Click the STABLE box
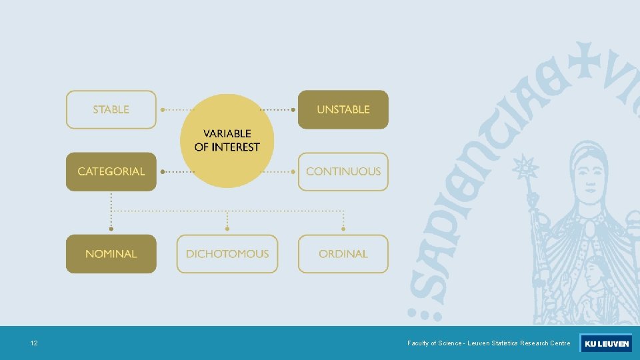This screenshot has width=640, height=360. [111, 109]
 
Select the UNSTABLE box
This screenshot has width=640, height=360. [343, 109]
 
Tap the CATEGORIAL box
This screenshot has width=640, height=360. [111, 171]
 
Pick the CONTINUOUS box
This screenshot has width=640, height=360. [343, 171]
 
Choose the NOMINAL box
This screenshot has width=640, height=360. [111, 254]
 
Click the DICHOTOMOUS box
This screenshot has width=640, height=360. [227, 254]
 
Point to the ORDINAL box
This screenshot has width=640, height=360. [343, 254]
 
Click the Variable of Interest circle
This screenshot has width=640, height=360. [227, 141]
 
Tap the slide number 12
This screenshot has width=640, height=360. [34, 343]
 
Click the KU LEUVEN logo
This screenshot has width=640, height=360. [605, 343]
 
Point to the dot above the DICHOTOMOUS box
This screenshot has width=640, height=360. [227, 229]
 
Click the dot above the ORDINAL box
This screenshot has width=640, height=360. [343, 229]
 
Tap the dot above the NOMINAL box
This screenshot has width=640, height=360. [111, 229]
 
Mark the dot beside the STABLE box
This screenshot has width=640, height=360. [162, 109]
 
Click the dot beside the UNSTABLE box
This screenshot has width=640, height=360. [293, 109]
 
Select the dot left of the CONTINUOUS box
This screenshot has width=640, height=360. [293, 171]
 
